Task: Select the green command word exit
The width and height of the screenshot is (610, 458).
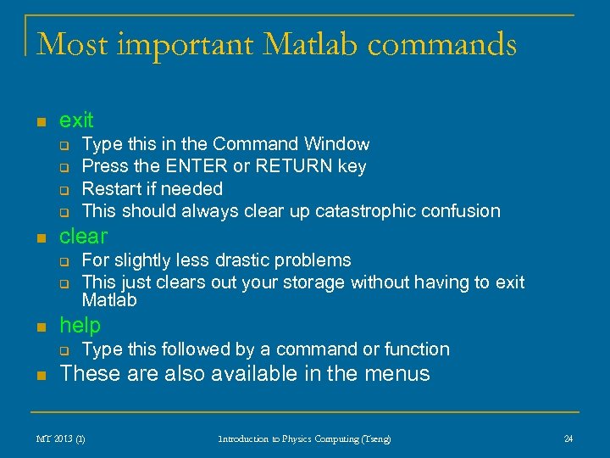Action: [76, 120]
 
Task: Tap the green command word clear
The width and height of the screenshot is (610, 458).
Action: [83, 236]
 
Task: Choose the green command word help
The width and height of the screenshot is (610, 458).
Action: [80, 325]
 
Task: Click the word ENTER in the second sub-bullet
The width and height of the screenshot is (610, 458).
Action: [199, 166]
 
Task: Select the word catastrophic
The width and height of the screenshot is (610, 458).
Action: [369, 210]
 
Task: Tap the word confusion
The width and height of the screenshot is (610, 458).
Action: [463, 210]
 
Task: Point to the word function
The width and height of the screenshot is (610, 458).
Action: [413, 349]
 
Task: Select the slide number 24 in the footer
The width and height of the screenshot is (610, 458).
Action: [568, 438]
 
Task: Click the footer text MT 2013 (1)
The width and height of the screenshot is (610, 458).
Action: [60, 438]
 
